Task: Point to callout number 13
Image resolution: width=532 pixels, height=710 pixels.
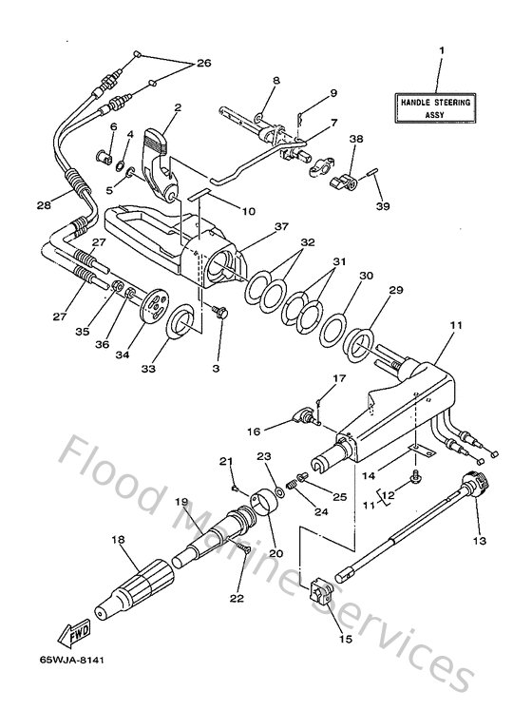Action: [x=479, y=541]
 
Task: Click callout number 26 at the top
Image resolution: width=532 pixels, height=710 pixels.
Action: [x=202, y=64]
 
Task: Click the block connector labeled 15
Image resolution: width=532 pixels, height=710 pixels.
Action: [x=320, y=596]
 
